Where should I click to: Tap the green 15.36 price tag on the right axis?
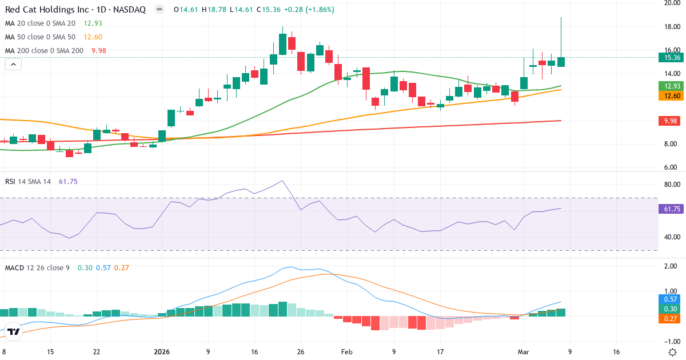tap(669, 57)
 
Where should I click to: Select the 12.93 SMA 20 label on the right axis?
tap(669, 86)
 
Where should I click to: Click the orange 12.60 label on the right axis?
tap(669, 96)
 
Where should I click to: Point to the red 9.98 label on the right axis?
tap(669, 121)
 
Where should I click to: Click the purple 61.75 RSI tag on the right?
tap(669, 209)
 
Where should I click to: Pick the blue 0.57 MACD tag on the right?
tap(669, 299)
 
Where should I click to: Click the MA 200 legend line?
tap(55, 50)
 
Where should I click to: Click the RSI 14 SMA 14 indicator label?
tap(28, 181)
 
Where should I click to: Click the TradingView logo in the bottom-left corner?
tap(14, 331)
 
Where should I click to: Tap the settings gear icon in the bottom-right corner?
tap(672, 352)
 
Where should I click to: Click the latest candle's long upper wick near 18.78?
tap(561, 34)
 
